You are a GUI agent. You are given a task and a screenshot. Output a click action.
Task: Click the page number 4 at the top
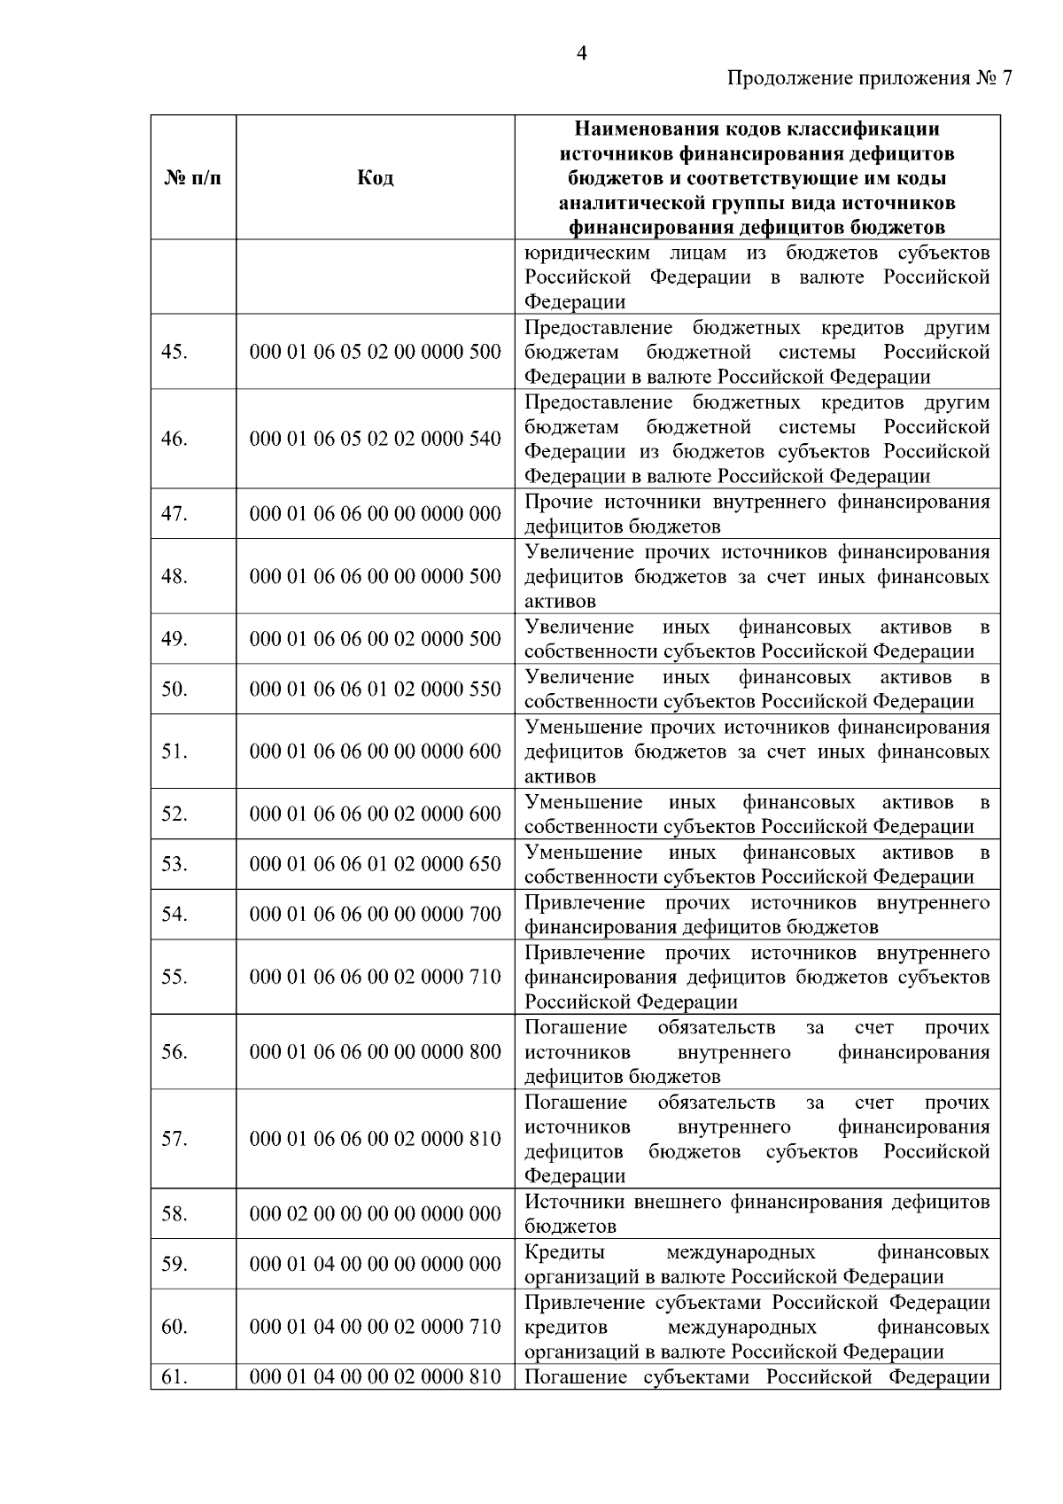[581, 54]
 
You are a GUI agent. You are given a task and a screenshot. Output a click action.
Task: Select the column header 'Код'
[376, 178]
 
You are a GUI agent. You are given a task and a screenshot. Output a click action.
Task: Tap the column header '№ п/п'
[193, 178]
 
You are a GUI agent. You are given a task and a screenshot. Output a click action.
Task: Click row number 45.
[175, 352]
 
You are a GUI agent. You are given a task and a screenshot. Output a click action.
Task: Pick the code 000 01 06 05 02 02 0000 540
[376, 439]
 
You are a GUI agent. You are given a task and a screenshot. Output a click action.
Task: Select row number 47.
[175, 514]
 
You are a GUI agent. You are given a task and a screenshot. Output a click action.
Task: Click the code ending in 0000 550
[376, 690]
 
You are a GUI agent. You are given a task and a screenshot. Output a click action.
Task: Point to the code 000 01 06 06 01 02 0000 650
[376, 864]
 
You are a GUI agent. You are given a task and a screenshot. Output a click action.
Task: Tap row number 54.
[175, 915]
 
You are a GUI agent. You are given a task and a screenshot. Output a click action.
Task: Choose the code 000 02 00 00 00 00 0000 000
[376, 1214]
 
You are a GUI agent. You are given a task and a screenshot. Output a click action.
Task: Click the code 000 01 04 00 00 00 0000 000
[376, 1265]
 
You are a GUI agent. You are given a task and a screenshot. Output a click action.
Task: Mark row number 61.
[175, 1377]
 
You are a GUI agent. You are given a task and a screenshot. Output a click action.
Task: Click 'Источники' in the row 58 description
[575, 1203]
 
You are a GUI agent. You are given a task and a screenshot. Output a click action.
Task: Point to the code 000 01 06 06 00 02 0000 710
[376, 977]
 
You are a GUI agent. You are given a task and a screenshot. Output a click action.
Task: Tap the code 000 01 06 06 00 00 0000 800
[376, 1052]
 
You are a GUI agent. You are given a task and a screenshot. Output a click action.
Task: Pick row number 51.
[175, 752]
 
